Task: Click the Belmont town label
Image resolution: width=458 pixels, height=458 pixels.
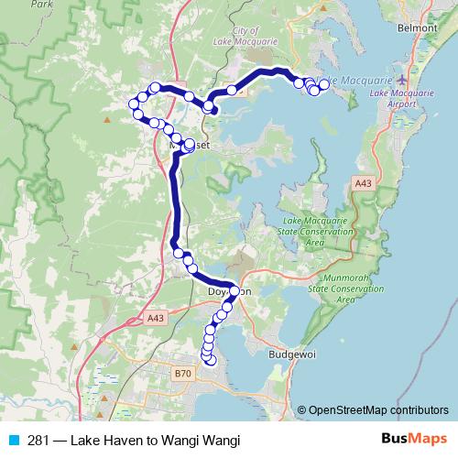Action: (x=418, y=28)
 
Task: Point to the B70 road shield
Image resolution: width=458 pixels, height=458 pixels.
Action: (x=183, y=374)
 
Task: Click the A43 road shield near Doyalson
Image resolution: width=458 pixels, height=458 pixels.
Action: (x=155, y=318)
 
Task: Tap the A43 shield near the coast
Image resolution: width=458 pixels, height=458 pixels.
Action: (x=363, y=184)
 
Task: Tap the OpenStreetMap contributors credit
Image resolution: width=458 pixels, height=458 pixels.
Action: (x=373, y=410)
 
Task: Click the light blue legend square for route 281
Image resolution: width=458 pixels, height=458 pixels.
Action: (x=11, y=441)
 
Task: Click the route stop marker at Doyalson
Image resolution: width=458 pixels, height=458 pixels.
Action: (x=234, y=291)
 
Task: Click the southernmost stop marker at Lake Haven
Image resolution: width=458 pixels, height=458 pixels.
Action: (x=212, y=361)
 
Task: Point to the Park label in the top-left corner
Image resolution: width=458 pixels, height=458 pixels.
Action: (x=39, y=4)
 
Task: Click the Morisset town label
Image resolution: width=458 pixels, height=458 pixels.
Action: (x=191, y=145)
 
